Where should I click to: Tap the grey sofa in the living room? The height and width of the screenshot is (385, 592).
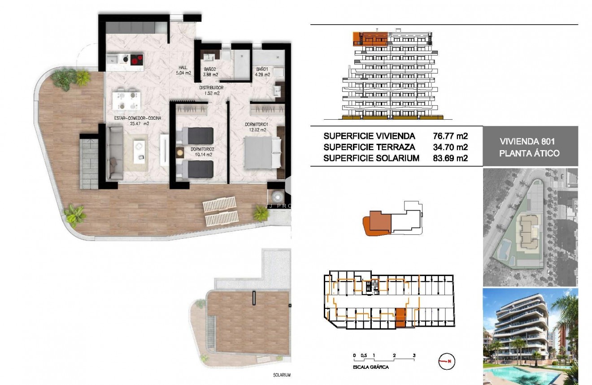pyautogui.click(x=115, y=153)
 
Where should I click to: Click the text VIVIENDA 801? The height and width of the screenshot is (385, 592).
pyautogui.click(x=530, y=142)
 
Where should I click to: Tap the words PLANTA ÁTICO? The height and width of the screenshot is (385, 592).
pyautogui.click(x=530, y=153)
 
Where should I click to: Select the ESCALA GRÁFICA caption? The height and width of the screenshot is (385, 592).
pyautogui.click(x=371, y=367)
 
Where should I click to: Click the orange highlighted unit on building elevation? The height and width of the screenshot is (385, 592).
pyautogui.click(x=370, y=38)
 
